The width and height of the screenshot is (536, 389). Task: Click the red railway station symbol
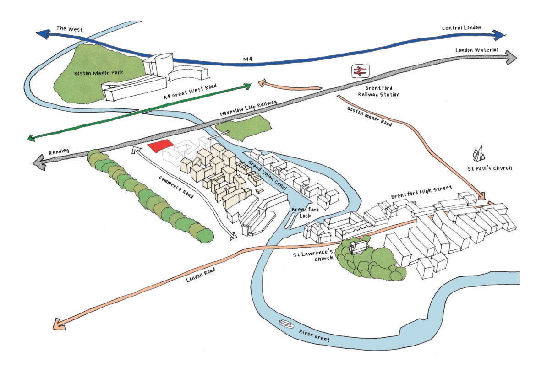[360, 71]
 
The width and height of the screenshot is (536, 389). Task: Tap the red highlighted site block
[161, 146]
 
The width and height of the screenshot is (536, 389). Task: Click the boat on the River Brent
[286, 324]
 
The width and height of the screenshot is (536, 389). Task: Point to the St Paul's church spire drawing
[479, 154]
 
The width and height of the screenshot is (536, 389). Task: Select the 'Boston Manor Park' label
[98, 73]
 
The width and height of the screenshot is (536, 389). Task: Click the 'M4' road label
[247, 59]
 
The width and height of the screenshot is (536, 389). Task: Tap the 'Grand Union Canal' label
[268, 176]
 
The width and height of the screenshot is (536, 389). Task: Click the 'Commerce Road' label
[176, 187]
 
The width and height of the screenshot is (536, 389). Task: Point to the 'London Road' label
[201, 275]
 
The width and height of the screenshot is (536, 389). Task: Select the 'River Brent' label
[314, 336]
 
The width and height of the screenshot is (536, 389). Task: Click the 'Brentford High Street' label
[421, 192]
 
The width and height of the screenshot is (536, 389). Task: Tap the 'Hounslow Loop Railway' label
[248, 108]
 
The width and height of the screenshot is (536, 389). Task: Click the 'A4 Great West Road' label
[190, 92]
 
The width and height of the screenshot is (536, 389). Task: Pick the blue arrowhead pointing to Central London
[499, 35]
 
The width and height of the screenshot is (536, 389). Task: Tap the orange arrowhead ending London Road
[60, 324]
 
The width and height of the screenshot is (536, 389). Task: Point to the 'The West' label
[70, 29]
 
